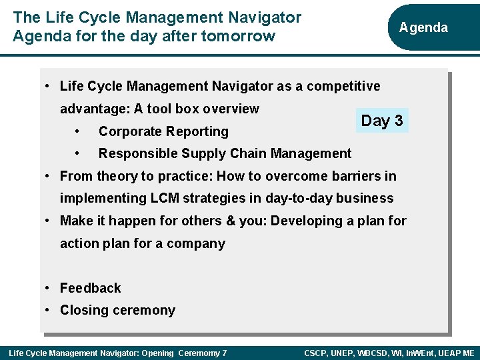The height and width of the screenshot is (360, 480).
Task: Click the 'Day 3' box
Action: [x=381, y=121]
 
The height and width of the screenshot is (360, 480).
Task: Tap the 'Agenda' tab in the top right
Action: [x=423, y=27]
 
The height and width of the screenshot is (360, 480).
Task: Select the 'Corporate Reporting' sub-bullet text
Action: [x=163, y=131]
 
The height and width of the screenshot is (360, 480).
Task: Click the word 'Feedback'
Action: [x=90, y=288]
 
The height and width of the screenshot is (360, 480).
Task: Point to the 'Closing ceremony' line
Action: [x=117, y=310]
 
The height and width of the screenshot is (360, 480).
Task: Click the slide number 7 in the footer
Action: [x=224, y=353]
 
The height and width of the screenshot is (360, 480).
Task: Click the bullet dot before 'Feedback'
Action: [x=47, y=288]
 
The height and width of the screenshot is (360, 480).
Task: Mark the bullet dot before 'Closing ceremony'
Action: [x=47, y=310]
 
